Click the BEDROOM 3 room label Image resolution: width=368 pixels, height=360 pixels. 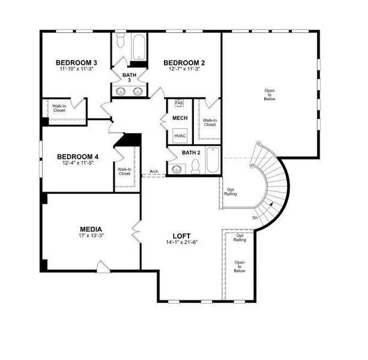click(76, 62)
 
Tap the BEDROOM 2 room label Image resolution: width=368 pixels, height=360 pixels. click(184, 62)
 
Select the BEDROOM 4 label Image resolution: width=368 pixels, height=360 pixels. click(77, 157)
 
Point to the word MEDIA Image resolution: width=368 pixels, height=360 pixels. click(91, 229)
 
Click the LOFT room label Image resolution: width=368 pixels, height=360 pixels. click(181, 236)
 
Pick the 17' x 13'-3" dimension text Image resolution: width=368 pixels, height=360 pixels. click(91, 236)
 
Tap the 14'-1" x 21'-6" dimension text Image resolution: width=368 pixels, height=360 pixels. click(181, 242)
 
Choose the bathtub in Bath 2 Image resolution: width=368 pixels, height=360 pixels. click(213, 160)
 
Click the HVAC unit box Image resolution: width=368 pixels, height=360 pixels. click(180, 136)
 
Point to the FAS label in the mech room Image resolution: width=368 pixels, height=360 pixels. click(179, 103)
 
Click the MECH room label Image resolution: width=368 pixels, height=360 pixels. click(180, 118)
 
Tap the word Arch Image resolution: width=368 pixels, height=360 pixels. click(154, 172)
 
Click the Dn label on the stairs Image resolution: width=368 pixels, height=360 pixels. click(255, 217)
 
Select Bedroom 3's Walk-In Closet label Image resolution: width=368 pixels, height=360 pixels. click(59, 109)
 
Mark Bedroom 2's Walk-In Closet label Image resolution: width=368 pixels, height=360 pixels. click(210, 122)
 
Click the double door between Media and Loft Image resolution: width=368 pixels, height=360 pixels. click(136, 229)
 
